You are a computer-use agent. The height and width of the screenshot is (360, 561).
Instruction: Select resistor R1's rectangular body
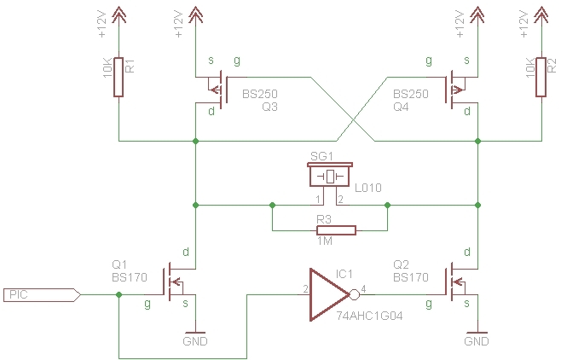pyautogui.click(x=119, y=78)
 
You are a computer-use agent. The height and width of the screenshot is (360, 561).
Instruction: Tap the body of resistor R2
pyautogui.click(x=541, y=78)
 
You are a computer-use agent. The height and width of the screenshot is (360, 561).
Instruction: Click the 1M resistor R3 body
pyautogui.click(x=336, y=230)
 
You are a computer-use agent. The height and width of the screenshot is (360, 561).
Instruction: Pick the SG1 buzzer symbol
pyautogui.click(x=330, y=175)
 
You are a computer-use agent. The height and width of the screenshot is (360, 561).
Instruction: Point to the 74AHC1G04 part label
pyautogui.click(x=369, y=316)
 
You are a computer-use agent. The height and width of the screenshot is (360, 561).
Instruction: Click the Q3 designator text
pyautogui.click(x=269, y=107)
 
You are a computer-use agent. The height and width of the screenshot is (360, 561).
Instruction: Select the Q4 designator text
pyautogui.click(x=401, y=107)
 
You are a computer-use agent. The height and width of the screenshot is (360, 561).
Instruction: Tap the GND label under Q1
pyautogui.click(x=195, y=341)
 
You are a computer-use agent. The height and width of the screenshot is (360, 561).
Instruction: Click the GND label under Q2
pyautogui.click(x=477, y=341)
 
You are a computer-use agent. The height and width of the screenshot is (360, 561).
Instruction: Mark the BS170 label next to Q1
pyautogui.click(x=130, y=277)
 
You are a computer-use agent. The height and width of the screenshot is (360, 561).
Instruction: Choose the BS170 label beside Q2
pyautogui.click(x=411, y=277)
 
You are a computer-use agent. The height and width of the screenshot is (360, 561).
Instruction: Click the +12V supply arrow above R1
pyautogui.click(x=119, y=16)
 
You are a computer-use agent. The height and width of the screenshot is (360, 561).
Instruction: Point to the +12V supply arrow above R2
pyautogui.click(x=541, y=16)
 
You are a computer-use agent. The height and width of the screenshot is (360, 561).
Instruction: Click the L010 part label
pyautogui.click(x=368, y=188)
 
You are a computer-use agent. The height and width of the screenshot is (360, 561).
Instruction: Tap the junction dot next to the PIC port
pyautogui.click(x=119, y=295)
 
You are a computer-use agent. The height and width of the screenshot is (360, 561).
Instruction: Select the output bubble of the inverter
pyautogui.click(x=354, y=294)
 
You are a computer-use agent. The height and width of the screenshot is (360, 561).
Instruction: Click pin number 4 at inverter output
pyautogui.click(x=363, y=289)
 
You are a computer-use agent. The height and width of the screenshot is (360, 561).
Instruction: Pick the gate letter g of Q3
pyautogui.click(x=237, y=61)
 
